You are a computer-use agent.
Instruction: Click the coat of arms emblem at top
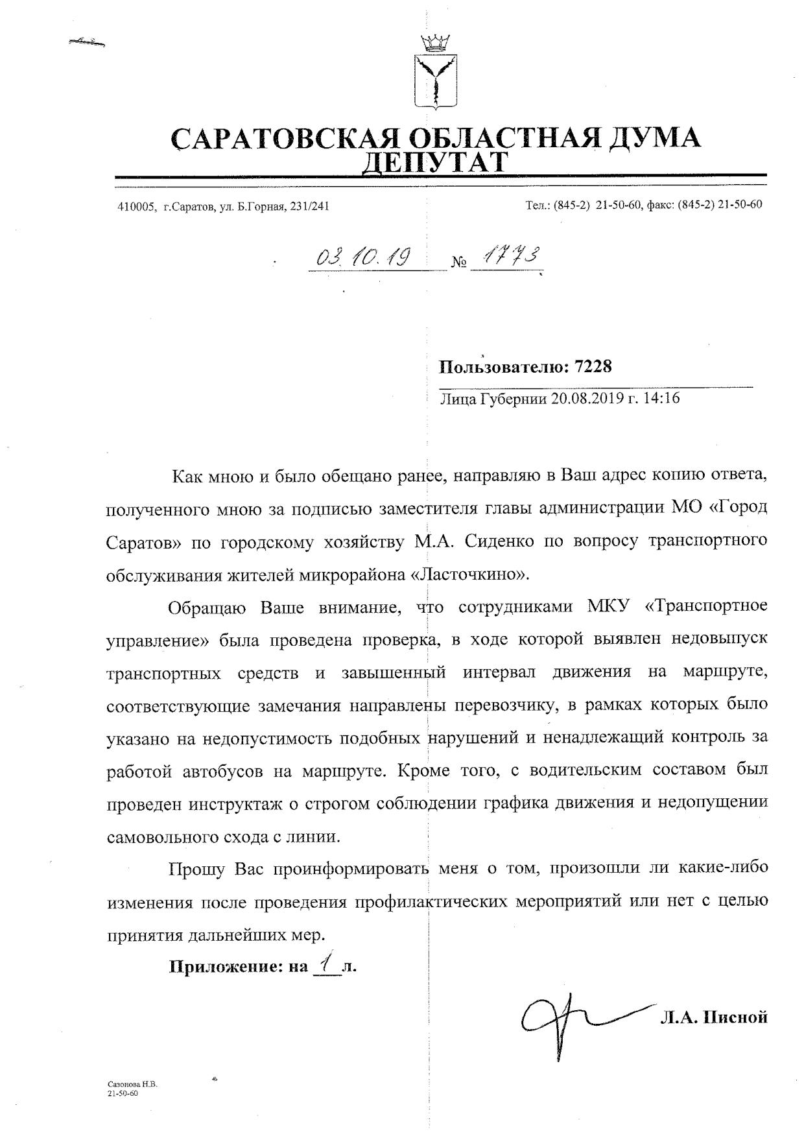[435, 73]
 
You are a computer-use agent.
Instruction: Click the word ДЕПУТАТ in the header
[435, 162]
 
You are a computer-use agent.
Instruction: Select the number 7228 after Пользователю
[593, 367]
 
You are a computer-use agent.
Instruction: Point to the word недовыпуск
[713, 639]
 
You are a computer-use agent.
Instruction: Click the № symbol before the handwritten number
[459, 263]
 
